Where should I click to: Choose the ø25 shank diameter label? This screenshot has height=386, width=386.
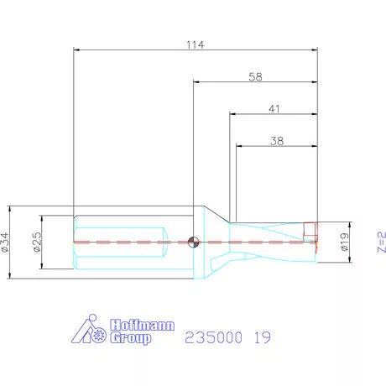click(x=37, y=243)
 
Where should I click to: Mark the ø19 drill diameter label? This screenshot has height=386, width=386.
click(x=343, y=243)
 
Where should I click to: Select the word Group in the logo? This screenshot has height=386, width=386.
click(x=130, y=339)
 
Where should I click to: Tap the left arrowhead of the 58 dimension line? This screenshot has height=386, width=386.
click(x=197, y=81)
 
